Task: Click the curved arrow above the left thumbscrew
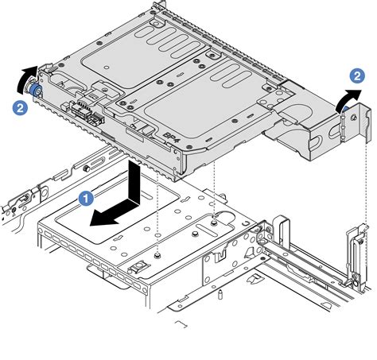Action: click(28, 79)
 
